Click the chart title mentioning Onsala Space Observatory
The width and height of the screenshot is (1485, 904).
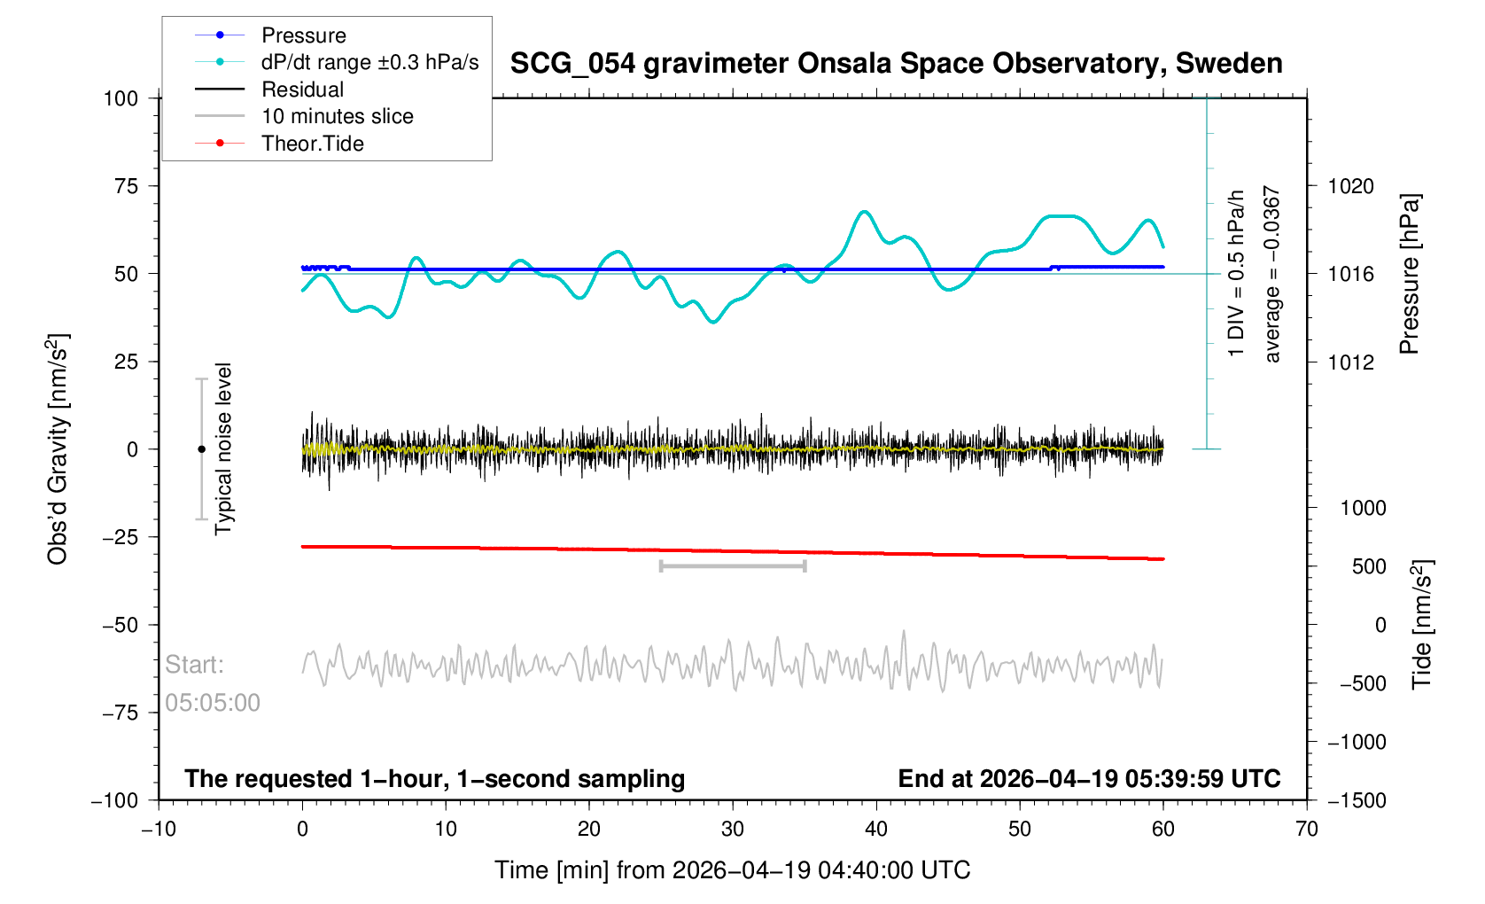tap(896, 64)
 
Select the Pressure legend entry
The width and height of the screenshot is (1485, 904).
tap(303, 35)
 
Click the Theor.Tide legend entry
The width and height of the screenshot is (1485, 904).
tap(312, 144)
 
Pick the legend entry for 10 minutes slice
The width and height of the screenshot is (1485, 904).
tap(337, 116)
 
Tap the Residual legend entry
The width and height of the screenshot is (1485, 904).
tap(302, 90)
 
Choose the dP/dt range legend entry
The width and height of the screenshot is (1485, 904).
tap(369, 62)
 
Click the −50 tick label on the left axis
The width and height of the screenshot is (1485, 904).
tap(121, 625)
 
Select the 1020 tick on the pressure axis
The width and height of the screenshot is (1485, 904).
tap(1350, 186)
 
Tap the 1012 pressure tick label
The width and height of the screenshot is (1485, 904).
tap(1350, 362)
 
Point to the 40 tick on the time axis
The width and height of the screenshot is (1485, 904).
tap(876, 829)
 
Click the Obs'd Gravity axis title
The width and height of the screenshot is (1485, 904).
tap(58, 449)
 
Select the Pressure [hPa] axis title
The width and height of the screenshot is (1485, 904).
tap(1409, 274)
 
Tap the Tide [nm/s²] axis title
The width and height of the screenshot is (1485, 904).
tap(1421, 625)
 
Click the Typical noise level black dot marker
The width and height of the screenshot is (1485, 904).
tap(201, 449)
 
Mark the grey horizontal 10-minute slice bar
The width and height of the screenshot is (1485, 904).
tap(733, 565)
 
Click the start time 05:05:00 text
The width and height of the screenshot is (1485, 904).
tap(213, 703)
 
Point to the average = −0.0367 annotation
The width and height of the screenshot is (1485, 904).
tap(1272, 274)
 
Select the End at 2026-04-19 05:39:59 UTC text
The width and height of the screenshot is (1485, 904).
tap(1089, 779)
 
